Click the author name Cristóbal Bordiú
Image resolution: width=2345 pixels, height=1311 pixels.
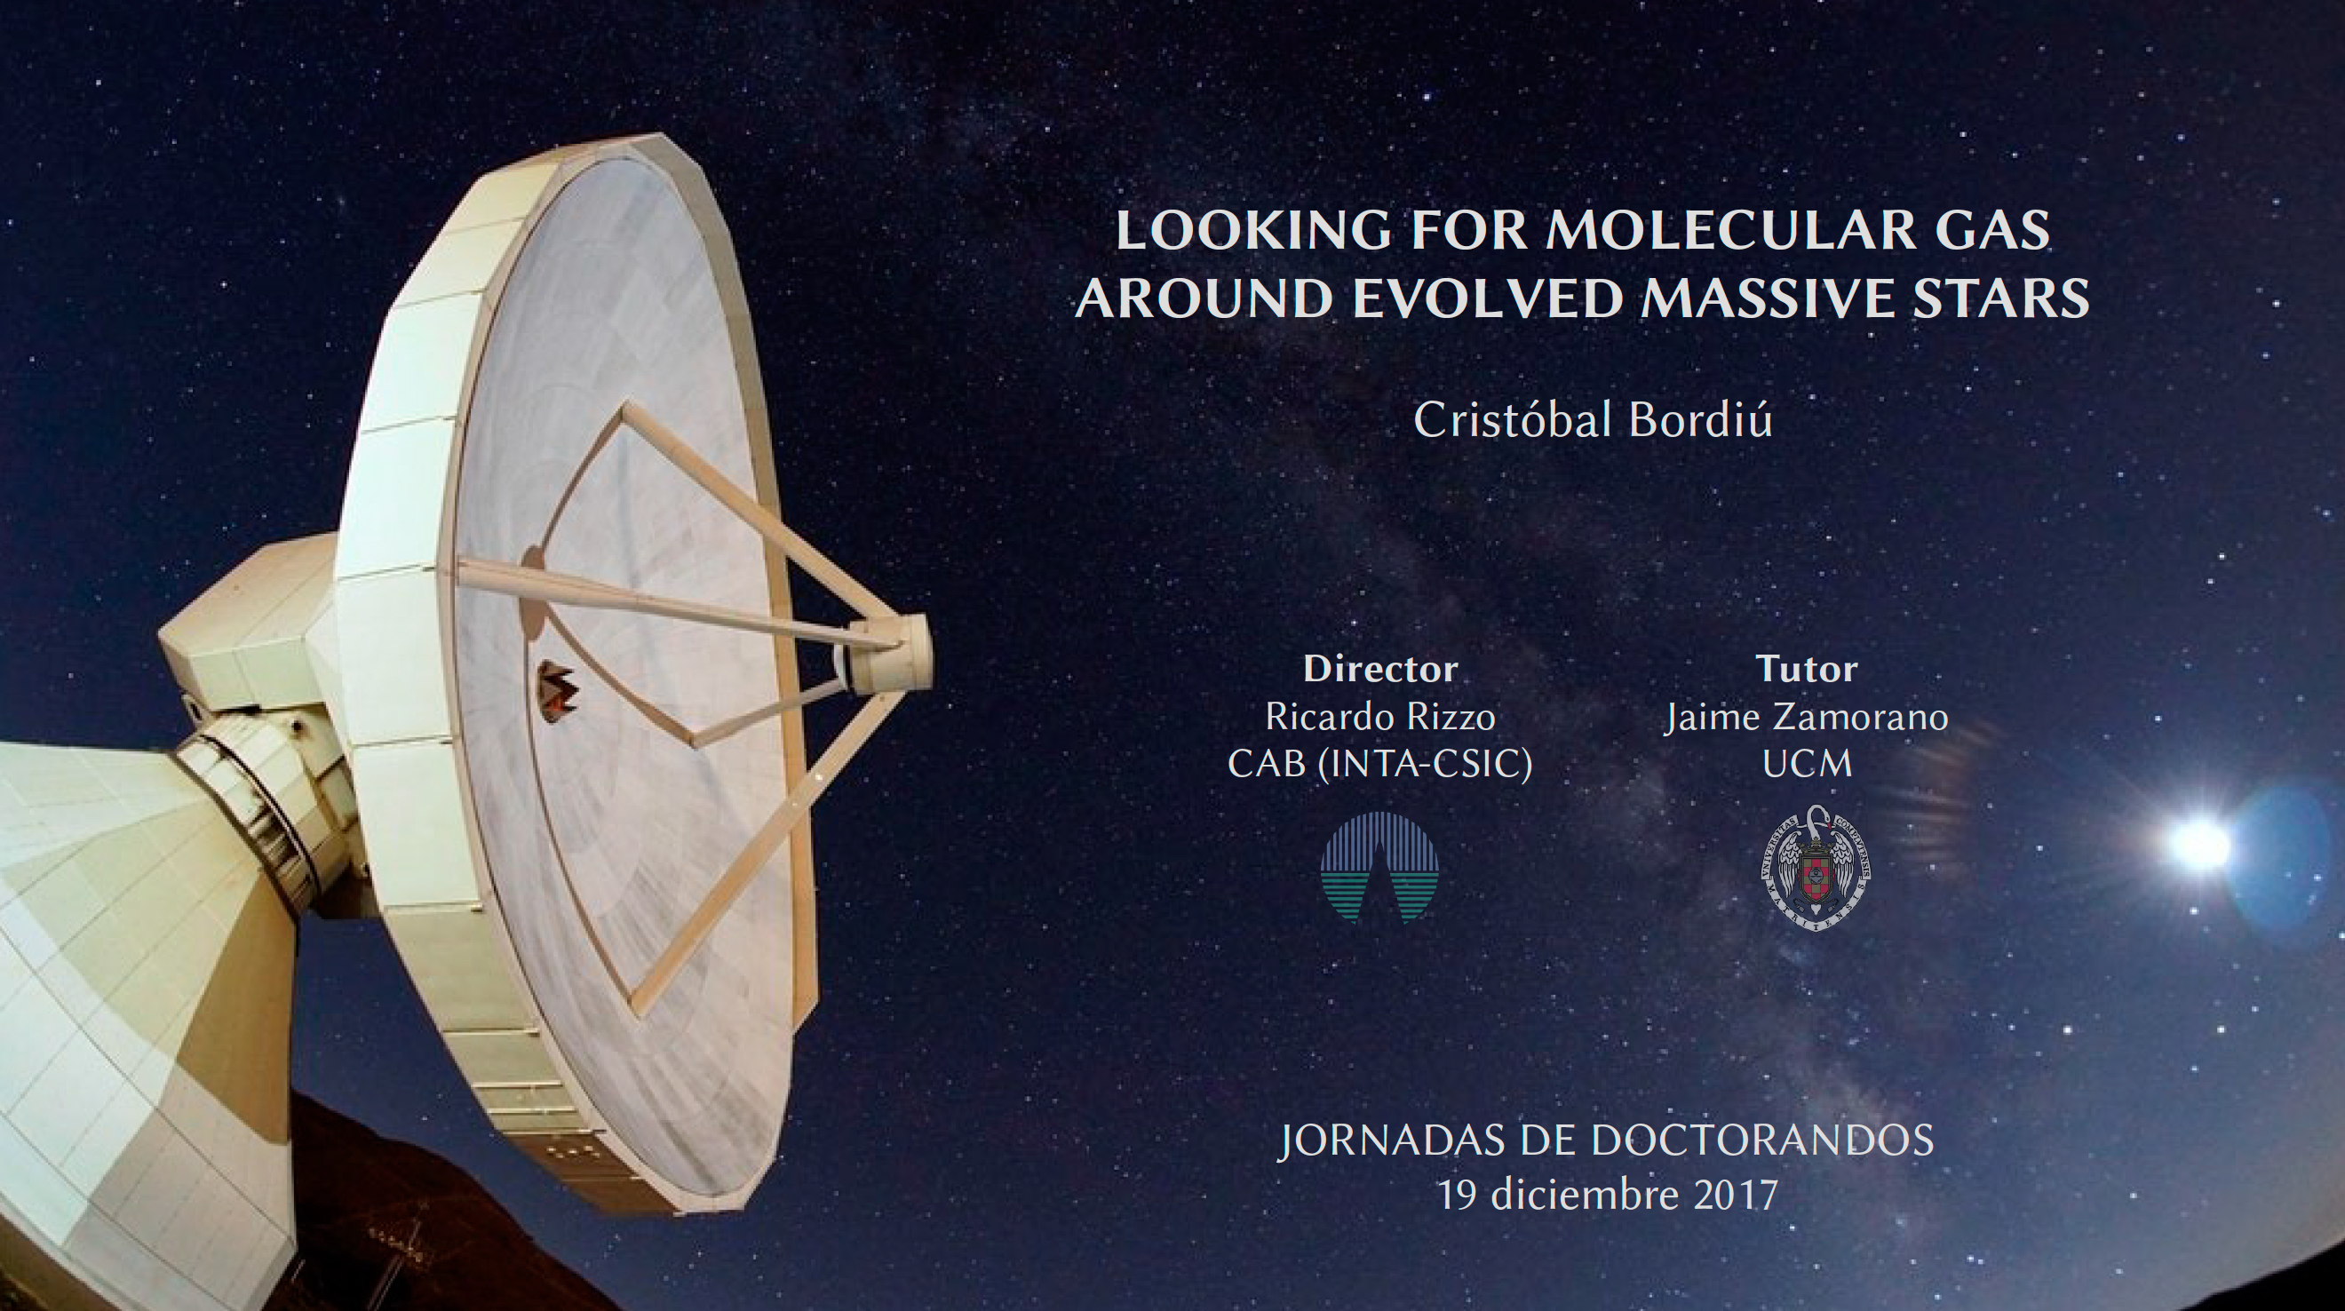[1593, 421]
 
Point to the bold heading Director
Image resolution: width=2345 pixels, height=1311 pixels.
[1380, 669]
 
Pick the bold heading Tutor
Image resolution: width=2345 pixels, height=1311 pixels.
[1807, 669]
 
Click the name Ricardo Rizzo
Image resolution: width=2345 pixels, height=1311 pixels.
[1380, 718]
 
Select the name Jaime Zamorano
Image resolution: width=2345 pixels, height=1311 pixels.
[1807, 718]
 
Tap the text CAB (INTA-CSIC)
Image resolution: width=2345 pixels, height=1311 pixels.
[1380, 765]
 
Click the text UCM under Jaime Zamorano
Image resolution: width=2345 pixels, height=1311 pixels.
[1807, 765]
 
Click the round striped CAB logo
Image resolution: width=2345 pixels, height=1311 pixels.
[1380, 867]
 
